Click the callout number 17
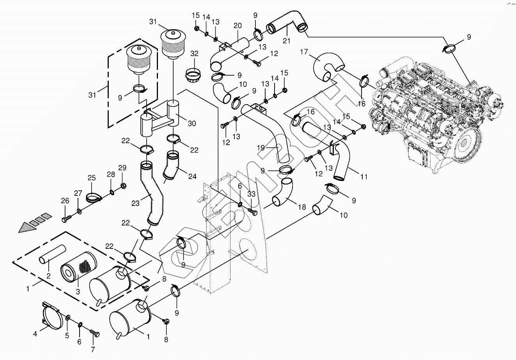(x=304, y=51)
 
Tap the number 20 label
(x=238, y=26)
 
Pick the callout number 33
(x=252, y=194)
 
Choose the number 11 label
(x=364, y=177)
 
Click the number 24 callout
(x=192, y=176)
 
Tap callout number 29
(x=122, y=168)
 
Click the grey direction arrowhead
(x=24, y=227)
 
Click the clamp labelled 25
(x=93, y=197)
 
